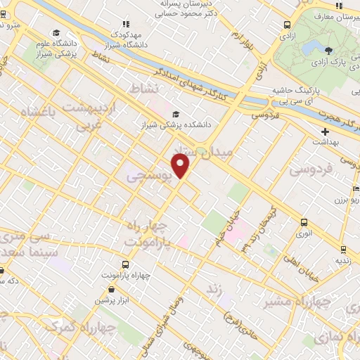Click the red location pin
(x=181, y=166)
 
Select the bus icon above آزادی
(x=287, y=23)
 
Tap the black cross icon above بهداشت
(x=324, y=131)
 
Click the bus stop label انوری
(x=304, y=233)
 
